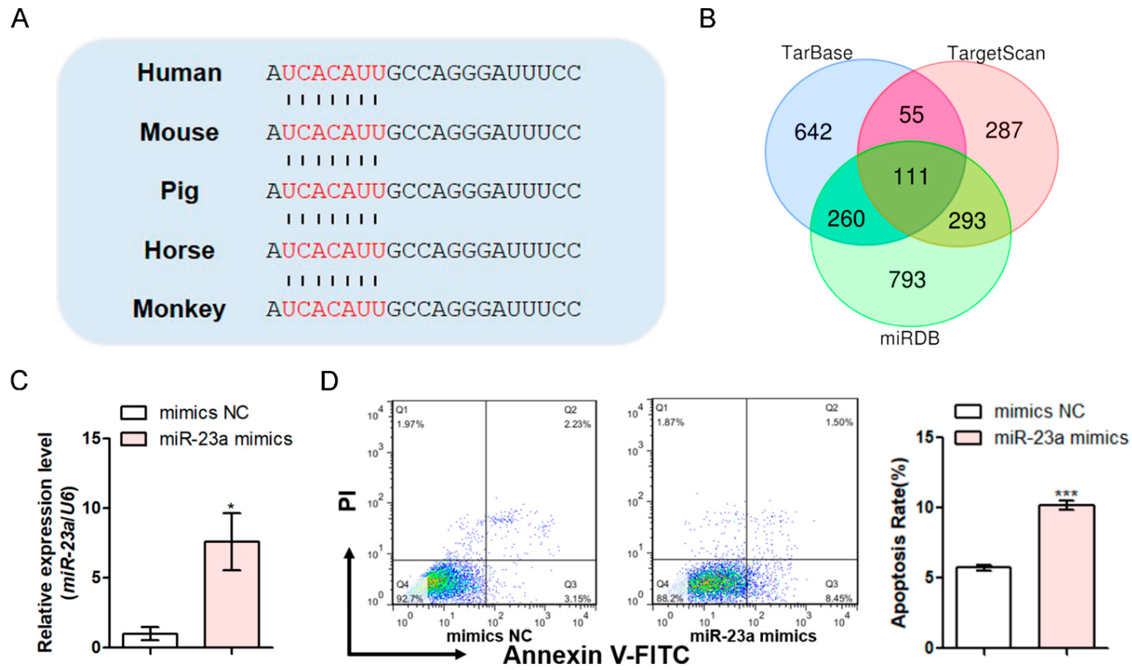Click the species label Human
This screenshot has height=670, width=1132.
click(179, 73)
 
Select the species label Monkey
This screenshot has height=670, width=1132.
click(179, 309)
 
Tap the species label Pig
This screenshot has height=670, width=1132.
click(179, 191)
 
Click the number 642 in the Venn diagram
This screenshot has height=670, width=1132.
click(813, 132)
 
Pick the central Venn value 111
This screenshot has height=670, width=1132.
click(911, 176)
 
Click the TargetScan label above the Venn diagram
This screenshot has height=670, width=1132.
click(996, 53)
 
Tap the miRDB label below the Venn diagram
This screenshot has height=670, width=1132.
click(910, 338)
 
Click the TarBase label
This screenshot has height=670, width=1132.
click(817, 53)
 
